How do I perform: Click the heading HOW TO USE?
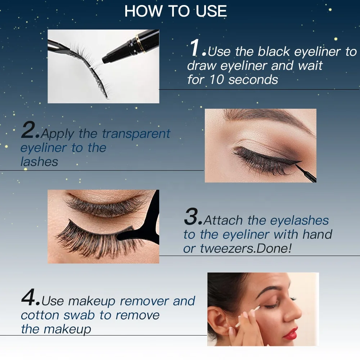(x=176, y=11)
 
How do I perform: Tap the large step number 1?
(x=195, y=48)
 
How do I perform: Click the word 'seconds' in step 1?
(x=253, y=80)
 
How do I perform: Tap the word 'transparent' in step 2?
(x=136, y=134)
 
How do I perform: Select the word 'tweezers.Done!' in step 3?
(x=246, y=248)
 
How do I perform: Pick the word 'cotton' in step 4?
(x=40, y=315)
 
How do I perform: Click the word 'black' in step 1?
(x=274, y=51)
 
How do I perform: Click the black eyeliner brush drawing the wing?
(x=305, y=172)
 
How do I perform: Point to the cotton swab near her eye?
(x=248, y=316)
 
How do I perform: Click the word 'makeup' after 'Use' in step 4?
(x=91, y=301)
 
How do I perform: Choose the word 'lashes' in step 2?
(x=39, y=162)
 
